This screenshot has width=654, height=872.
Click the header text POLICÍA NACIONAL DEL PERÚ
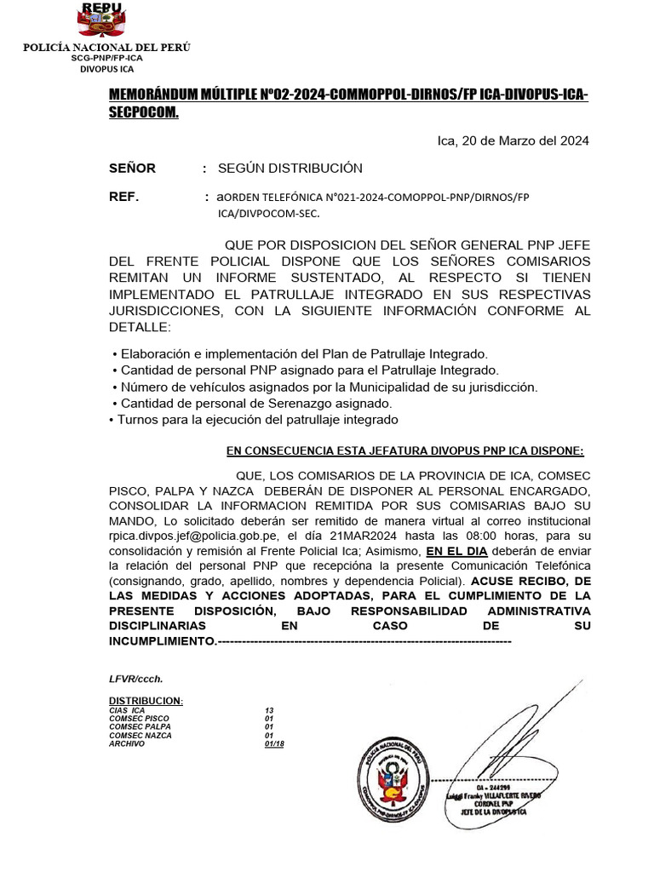click(106, 47)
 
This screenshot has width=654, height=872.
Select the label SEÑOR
click(132, 168)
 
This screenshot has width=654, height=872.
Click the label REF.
click(123, 197)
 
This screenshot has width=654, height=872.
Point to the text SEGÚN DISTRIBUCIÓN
click(290, 168)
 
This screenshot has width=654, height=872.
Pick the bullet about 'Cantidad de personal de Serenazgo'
click(252, 403)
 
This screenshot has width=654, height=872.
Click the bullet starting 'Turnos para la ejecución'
click(253, 419)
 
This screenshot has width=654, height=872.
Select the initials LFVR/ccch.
click(135, 679)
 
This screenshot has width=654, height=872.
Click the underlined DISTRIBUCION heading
click(146, 700)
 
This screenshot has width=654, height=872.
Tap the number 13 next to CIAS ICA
click(269, 710)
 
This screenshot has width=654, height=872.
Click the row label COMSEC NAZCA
click(141, 735)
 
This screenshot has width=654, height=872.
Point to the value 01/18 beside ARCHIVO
click(274, 743)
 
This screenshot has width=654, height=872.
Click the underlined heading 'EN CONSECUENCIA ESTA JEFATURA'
click(404, 450)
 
